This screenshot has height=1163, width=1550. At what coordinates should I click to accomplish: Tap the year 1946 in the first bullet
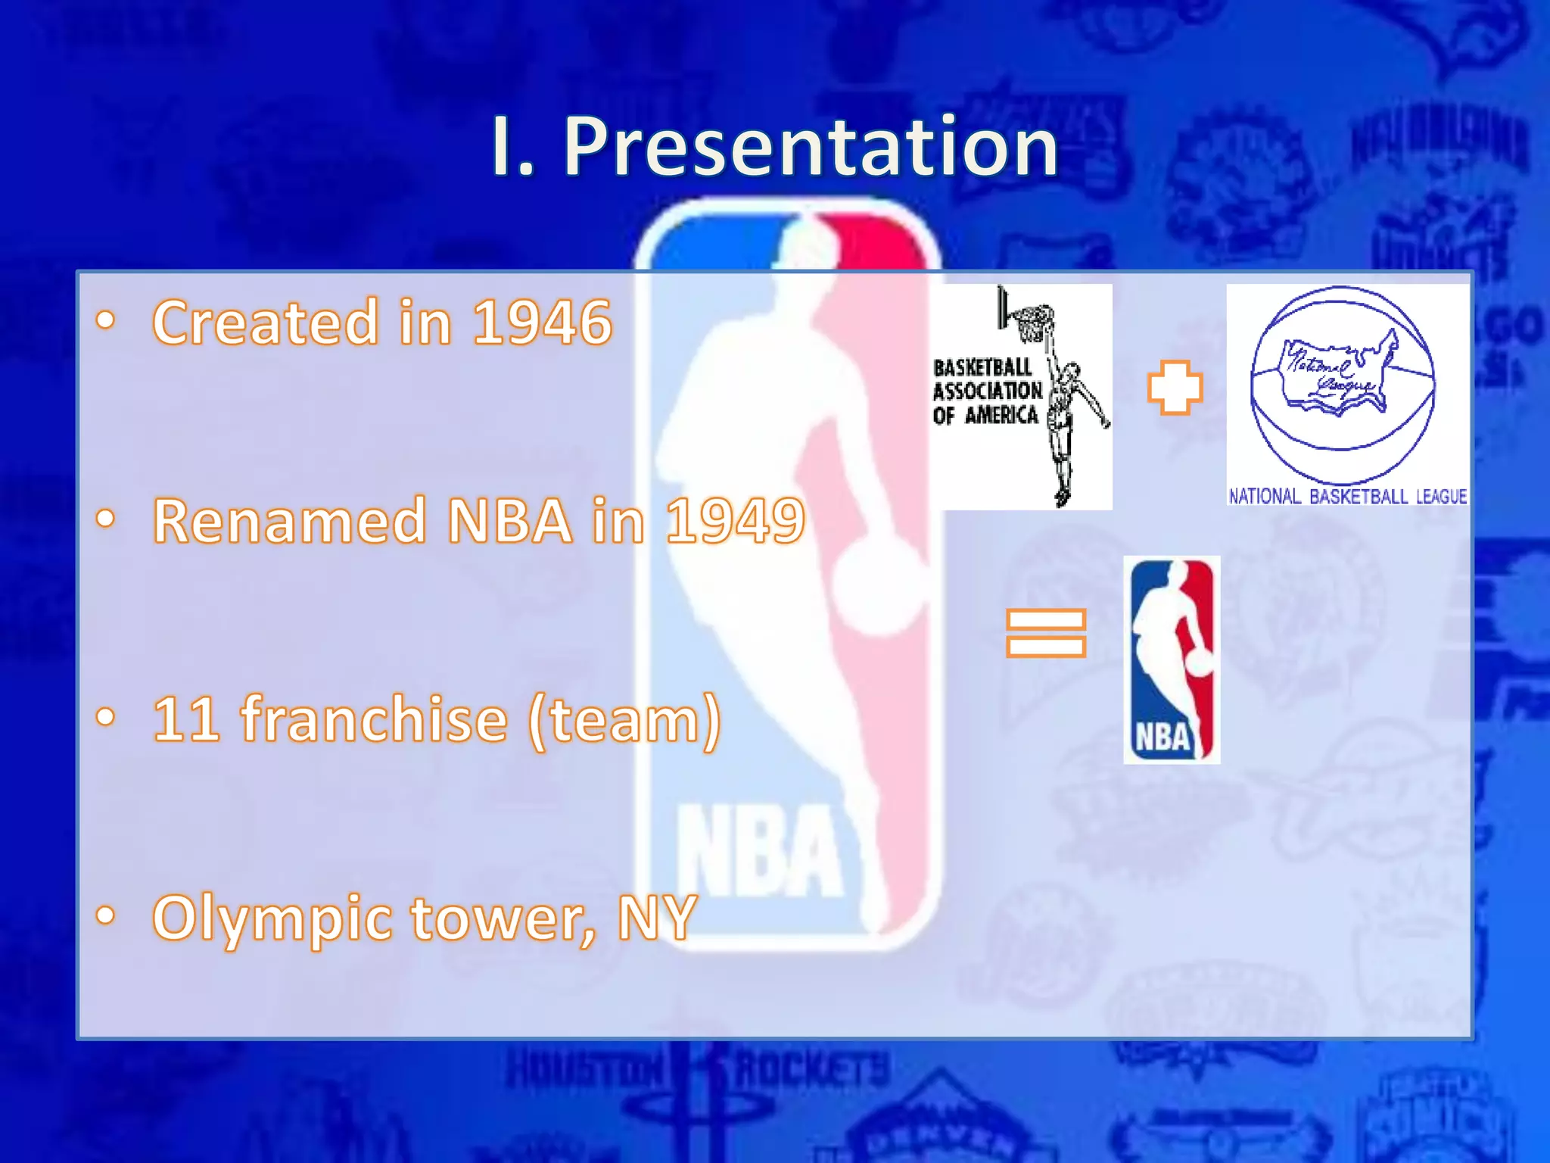click(542, 323)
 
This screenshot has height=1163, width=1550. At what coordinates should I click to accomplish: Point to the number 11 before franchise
click(186, 719)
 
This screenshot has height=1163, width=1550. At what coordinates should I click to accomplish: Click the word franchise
click(374, 719)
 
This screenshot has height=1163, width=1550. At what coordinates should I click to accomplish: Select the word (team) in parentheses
click(624, 721)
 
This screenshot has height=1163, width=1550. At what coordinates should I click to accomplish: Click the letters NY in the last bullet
click(657, 918)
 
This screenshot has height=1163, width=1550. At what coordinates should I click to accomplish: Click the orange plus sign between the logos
click(1174, 388)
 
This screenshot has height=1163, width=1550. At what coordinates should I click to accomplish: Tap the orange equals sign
click(1046, 632)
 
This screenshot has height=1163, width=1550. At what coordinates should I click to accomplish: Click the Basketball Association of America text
click(986, 391)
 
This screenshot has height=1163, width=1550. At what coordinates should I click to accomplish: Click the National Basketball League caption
click(1347, 497)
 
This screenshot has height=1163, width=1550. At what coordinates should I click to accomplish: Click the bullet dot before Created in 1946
click(106, 321)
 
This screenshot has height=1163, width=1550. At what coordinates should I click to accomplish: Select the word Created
click(265, 323)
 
